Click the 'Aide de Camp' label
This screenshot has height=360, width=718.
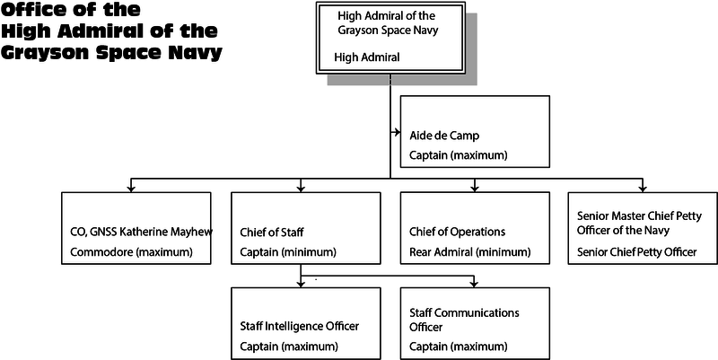click(x=443, y=136)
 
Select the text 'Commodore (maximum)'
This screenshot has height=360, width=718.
click(x=132, y=252)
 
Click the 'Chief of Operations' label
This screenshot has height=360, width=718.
click(x=457, y=232)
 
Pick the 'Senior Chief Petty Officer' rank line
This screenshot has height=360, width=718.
click(x=637, y=252)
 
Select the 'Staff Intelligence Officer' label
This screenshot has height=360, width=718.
click(x=300, y=327)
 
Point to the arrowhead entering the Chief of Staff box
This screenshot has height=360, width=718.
click(x=301, y=188)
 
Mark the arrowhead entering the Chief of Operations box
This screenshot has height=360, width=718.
click(x=475, y=188)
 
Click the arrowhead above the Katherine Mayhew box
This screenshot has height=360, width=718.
click(x=132, y=188)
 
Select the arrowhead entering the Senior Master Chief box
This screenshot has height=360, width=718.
click(x=644, y=188)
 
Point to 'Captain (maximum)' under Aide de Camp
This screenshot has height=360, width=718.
click(x=459, y=156)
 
